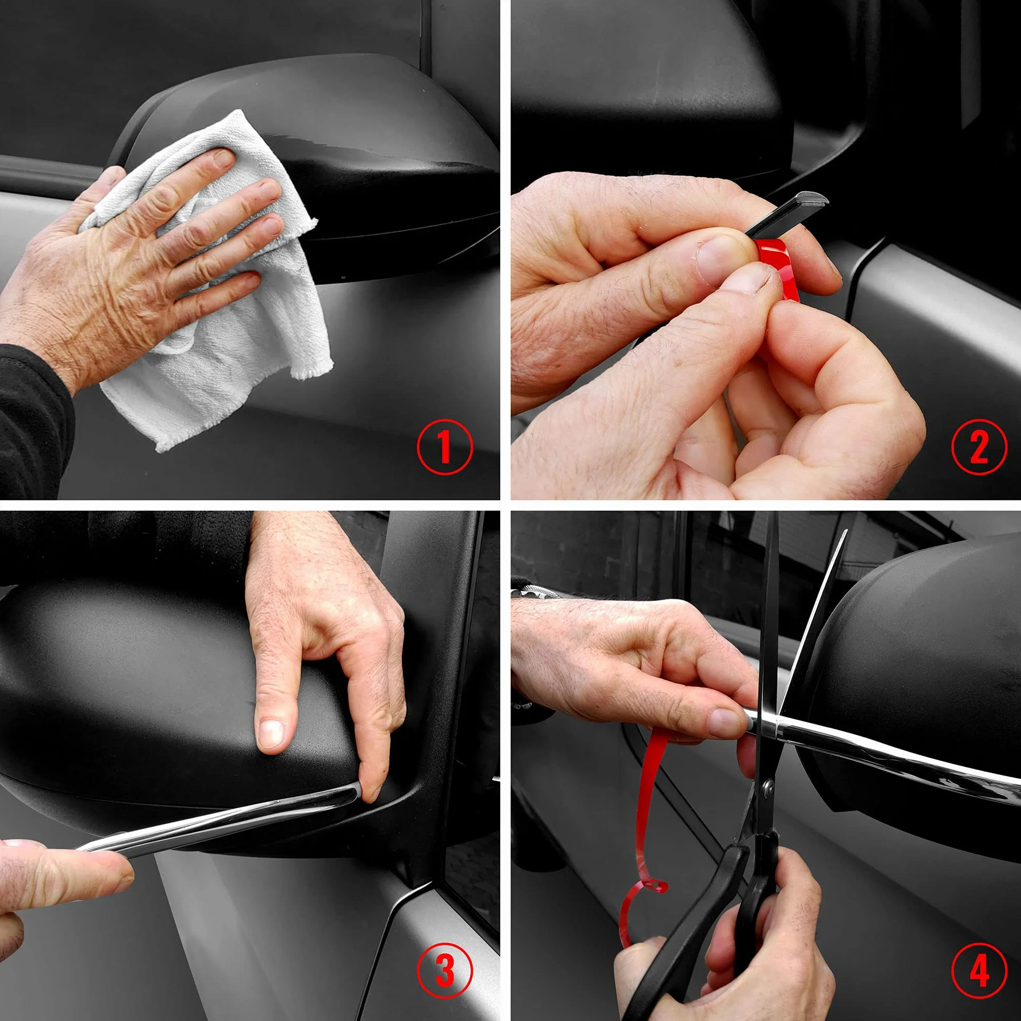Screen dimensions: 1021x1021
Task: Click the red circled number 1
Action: [x=444, y=447]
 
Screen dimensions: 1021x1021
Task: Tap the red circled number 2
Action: [x=979, y=447]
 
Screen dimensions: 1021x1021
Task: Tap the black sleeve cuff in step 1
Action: [x=34, y=417]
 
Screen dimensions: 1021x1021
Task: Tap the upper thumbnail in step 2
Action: [x=719, y=254]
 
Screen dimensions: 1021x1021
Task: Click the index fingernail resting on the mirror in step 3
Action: [x=270, y=732]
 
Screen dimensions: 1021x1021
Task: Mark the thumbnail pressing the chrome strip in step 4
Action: [x=726, y=722]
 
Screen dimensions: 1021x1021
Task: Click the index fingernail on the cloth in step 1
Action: [x=223, y=157]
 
